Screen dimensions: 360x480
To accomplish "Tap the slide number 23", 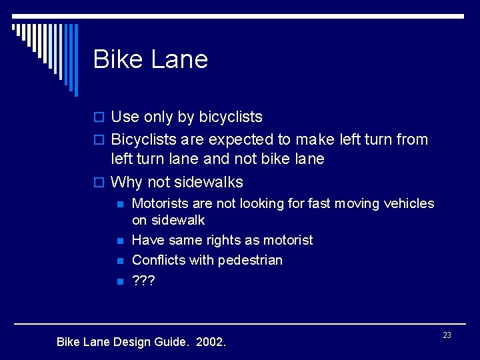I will [x=447, y=335].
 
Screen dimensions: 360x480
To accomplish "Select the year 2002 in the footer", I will [x=212, y=343].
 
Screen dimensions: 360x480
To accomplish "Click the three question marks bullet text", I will [x=143, y=281].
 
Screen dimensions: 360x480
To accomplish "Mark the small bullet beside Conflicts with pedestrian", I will [x=119, y=261].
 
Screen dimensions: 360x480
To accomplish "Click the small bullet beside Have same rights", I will [x=119, y=241].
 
